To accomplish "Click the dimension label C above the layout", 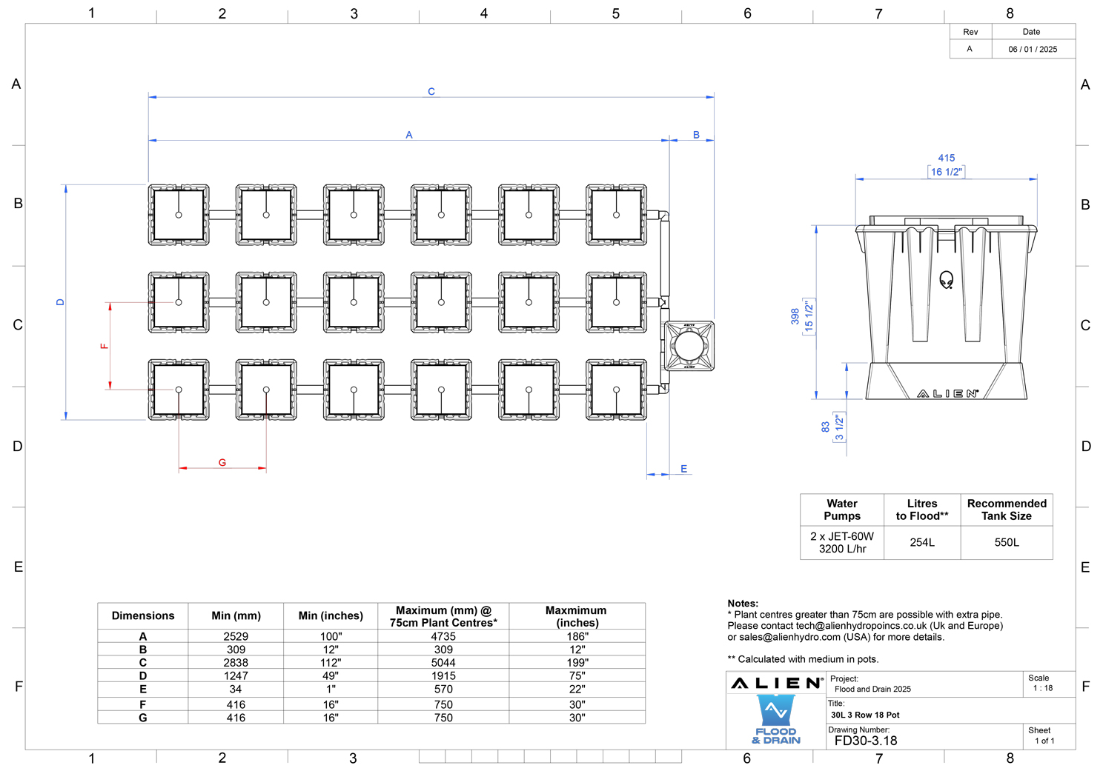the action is coord(431,92).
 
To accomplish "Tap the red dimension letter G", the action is coord(222,462).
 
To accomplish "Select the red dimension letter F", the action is coord(104,346).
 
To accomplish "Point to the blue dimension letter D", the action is coord(60,302).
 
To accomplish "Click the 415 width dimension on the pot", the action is coord(946,158).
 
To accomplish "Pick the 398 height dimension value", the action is coord(795,316).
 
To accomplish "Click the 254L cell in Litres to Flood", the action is coord(922,542).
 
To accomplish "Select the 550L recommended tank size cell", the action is coord(1007,542).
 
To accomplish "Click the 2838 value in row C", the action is coord(236,662).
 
